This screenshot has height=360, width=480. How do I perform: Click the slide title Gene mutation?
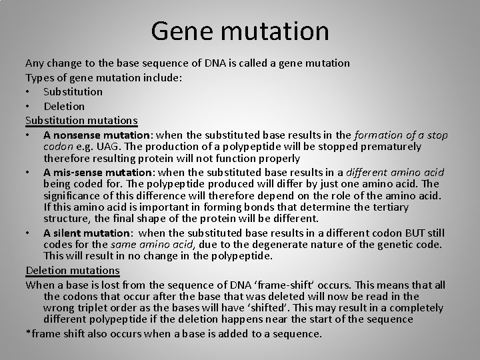click(240, 31)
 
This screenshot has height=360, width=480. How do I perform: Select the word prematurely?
click(388, 147)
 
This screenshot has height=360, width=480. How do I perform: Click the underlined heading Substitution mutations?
click(81, 121)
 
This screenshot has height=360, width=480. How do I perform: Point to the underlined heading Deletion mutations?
click(72, 271)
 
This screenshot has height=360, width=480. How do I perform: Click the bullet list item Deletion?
click(64, 106)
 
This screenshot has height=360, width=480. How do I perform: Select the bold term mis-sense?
click(76, 172)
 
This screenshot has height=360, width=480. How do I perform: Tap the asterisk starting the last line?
click(28, 333)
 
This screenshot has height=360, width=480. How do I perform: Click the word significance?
click(75, 196)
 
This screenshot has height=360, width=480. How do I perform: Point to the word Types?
click(39, 77)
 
